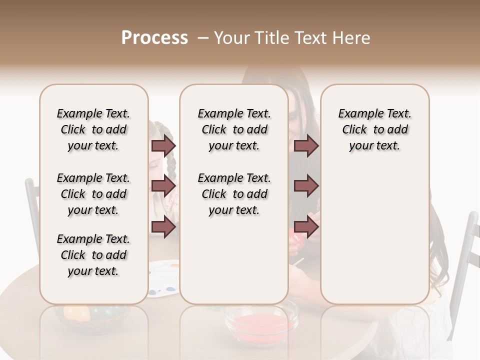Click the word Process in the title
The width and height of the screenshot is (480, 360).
(x=154, y=38)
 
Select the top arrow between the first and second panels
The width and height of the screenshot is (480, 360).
(x=163, y=146)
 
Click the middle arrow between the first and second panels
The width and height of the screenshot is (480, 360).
(x=163, y=186)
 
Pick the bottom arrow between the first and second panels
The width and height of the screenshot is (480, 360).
(x=163, y=226)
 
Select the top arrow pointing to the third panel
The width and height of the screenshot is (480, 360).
(x=306, y=146)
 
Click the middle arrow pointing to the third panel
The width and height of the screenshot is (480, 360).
(x=306, y=186)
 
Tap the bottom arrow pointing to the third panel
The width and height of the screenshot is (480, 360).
(x=306, y=226)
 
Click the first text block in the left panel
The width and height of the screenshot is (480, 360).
(x=93, y=129)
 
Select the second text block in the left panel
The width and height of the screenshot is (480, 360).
(x=93, y=194)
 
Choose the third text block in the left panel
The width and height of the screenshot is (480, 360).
(x=93, y=255)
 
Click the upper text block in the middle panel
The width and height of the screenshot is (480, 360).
(x=234, y=129)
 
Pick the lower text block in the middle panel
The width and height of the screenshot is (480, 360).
(x=234, y=194)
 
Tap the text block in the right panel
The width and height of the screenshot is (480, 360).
(x=374, y=129)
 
